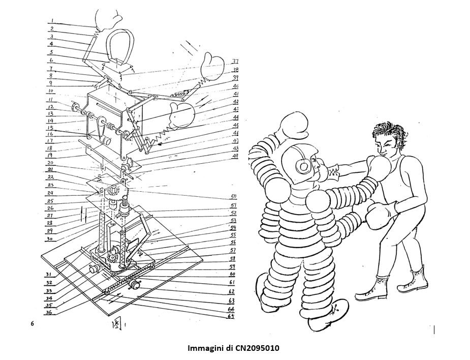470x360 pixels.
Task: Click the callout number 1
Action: pyautogui.click(x=53, y=22)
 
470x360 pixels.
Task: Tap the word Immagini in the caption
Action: pyautogui.click(x=203, y=348)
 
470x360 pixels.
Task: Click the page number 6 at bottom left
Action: pyautogui.click(x=33, y=324)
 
